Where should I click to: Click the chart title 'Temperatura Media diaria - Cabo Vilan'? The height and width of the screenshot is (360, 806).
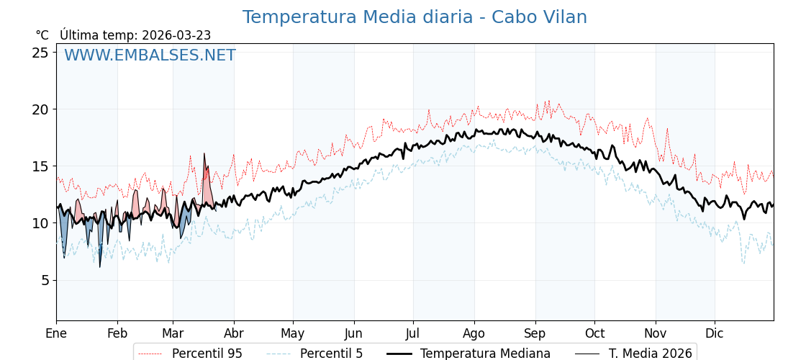coord(415,17)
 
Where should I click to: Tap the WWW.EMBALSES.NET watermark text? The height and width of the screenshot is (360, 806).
coord(150,55)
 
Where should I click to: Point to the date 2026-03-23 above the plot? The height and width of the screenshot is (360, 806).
coord(176,35)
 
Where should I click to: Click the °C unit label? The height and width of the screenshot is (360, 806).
coord(42,35)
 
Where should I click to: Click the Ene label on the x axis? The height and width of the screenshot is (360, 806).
coord(56,333)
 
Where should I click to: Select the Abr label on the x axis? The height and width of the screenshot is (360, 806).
coord(234,333)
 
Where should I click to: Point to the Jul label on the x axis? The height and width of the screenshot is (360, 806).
coord(413,333)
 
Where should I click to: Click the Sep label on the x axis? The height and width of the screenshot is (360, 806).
coord(535,333)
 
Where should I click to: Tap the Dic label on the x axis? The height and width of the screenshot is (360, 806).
coord(715,333)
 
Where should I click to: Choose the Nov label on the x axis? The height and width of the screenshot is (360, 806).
coord(655,333)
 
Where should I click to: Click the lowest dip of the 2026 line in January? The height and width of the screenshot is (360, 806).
coord(100,266)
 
